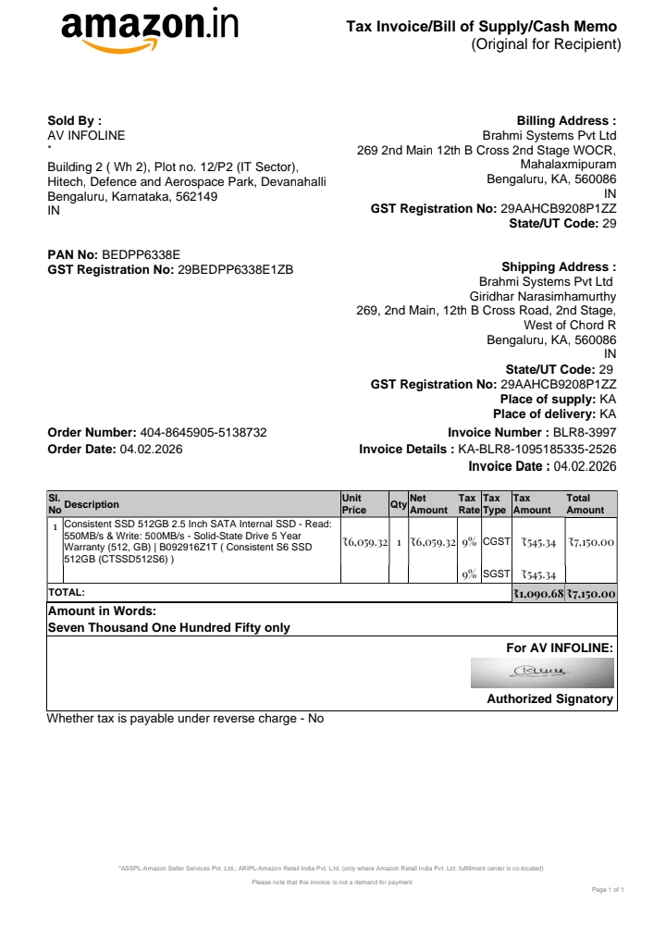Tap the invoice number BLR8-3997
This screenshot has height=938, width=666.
tap(584, 432)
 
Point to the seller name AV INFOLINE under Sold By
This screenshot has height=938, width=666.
tap(86, 135)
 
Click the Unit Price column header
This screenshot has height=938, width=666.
tap(353, 504)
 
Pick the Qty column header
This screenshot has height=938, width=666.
tap(399, 504)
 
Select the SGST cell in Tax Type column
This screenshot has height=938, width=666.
tap(497, 574)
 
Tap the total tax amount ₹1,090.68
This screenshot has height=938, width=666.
tap(538, 593)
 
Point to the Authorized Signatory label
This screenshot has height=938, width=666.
tap(549, 699)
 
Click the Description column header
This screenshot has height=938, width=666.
tap(92, 504)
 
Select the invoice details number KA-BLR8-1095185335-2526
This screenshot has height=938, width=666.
tap(537, 450)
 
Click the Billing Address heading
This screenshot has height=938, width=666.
tap(566, 120)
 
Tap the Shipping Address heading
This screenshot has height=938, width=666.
tap(559, 266)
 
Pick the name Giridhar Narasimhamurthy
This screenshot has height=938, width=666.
tap(543, 296)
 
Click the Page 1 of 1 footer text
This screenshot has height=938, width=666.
tap(608, 890)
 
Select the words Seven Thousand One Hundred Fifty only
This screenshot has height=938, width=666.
tap(168, 627)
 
